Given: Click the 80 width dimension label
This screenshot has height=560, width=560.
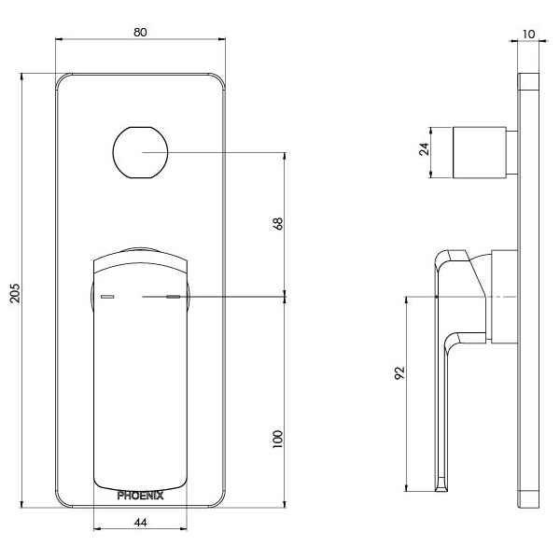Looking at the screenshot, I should point(140,31).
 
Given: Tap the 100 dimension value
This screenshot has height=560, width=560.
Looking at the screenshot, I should point(277,439).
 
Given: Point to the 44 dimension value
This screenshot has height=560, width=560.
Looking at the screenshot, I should point(142,523).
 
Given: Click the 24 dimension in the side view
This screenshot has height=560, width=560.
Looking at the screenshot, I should point(424,150).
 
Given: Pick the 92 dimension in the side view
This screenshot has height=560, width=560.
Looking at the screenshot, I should point(399,374).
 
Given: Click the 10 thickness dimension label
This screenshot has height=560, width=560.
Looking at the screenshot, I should point(529,34).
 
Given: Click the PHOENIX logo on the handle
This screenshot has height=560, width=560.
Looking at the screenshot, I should point(141,496).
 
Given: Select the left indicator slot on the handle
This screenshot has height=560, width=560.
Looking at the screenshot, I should point(106,298).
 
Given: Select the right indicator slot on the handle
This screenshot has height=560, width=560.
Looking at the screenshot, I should point(172,298).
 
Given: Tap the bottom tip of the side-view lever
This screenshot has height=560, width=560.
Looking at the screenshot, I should point(439,487).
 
